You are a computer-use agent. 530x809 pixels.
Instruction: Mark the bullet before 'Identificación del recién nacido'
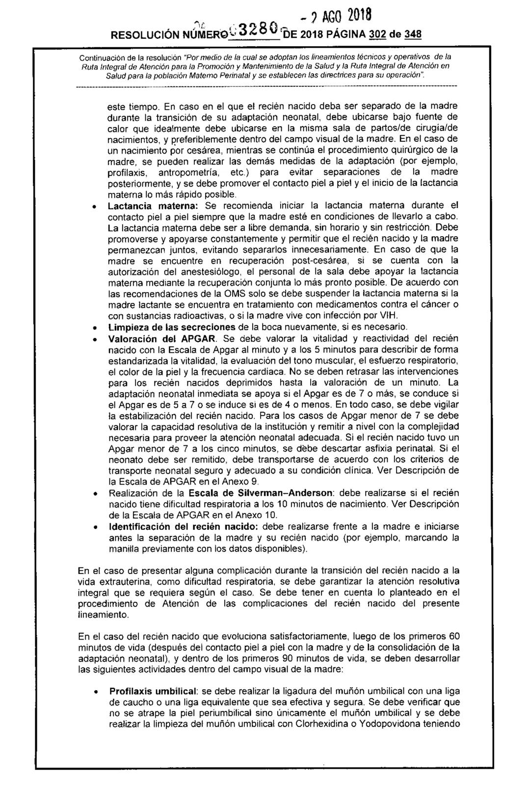(x=94, y=527)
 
